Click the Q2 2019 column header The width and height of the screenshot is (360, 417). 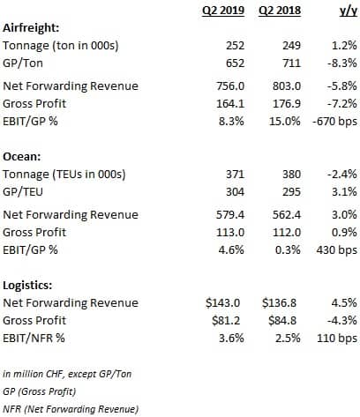[x=223, y=11]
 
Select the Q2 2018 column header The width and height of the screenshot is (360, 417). [x=280, y=11]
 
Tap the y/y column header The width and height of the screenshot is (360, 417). [x=349, y=11]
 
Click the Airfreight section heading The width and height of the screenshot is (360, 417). [x=31, y=28]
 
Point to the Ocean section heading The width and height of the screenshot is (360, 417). [x=22, y=156]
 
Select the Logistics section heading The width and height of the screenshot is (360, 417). [x=27, y=286]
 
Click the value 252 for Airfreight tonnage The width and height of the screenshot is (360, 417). [x=235, y=46]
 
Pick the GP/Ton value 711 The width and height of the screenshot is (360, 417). [x=291, y=63]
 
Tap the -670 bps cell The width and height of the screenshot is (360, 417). [x=335, y=121]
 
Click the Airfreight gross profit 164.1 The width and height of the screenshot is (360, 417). [x=230, y=103]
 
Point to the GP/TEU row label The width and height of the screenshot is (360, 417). [x=23, y=191]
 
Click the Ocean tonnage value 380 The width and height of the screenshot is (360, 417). [x=291, y=175]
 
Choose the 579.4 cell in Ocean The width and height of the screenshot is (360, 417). [x=230, y=215]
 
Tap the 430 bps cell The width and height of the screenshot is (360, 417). [x=337, y=249]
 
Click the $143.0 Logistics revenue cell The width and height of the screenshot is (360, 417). [x=223, y=302]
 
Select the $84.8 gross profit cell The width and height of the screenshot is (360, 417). [x=282, y=320]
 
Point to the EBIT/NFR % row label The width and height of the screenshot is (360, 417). [x=34, y=338]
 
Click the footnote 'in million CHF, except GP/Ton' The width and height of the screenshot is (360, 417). [x=67, y=374]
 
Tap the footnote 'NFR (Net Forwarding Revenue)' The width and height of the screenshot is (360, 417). [x=71, y=409]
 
